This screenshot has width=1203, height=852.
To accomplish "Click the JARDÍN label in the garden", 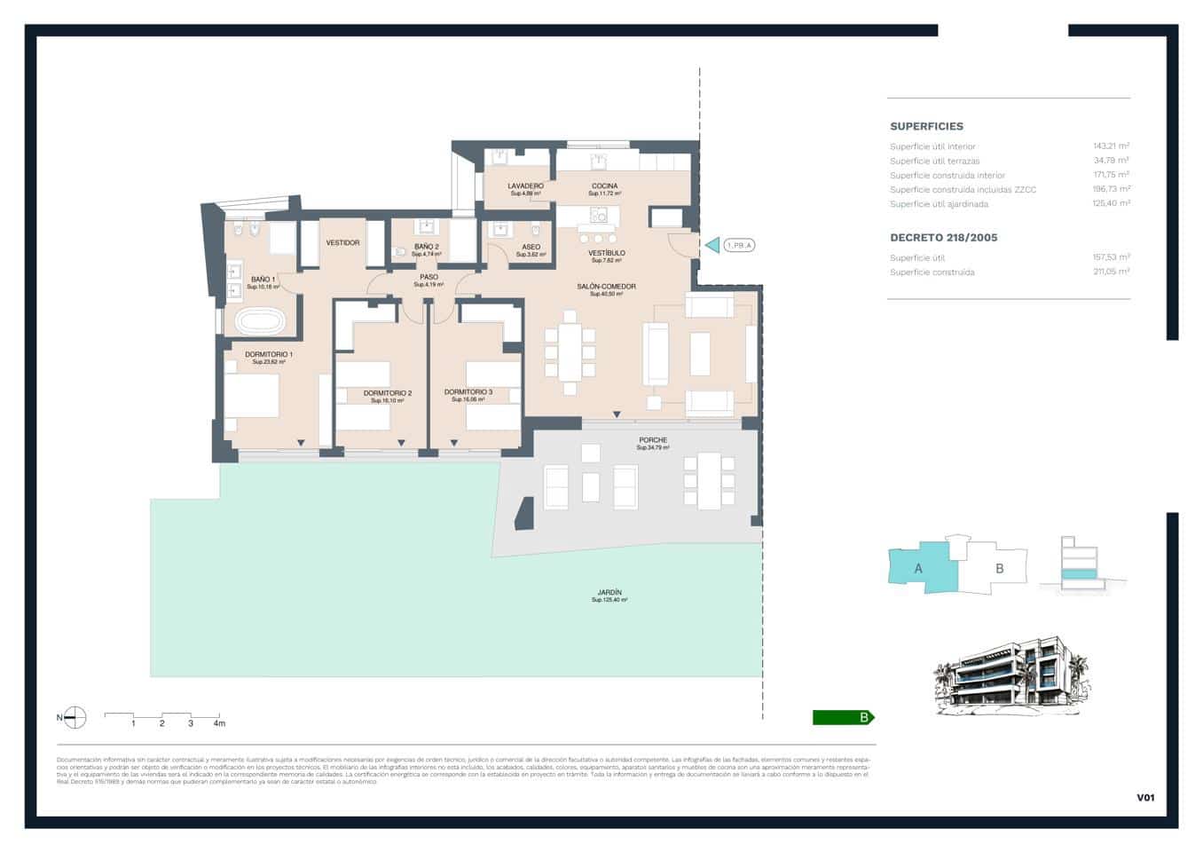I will click(x=609, y=593).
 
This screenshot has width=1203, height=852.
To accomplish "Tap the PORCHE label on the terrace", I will click(x=653, y=440).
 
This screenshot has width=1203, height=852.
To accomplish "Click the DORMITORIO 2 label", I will click(x=387, y=393).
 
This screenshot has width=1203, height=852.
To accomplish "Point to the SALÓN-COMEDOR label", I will click(x=606, y=287).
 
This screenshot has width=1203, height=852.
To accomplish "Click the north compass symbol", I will click(x=75, y=718).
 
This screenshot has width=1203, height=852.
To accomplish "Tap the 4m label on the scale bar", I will click(x=219, y=723).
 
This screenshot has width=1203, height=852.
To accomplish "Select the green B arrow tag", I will click(x=843, y=718).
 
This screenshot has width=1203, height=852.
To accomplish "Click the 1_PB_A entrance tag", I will click(x=738, y=245).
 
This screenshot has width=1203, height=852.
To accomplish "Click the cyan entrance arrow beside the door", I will click(x=712, y=245).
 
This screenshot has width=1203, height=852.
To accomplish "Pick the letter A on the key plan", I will click(x=918, y=568).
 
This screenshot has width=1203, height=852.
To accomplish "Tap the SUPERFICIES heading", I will click(x=926, y=127).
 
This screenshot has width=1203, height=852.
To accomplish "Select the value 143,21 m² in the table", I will click(x=1111, y=146).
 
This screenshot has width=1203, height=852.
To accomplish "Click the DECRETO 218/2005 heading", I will click(x=943, y=238).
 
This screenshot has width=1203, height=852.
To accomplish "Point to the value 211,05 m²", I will click(x=1111, y=272).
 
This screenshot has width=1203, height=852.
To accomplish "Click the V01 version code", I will click(x=1145, y=798).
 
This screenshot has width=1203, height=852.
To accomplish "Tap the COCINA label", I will click(x=604, y=186).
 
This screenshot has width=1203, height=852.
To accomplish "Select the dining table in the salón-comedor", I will click(x=570, y=352).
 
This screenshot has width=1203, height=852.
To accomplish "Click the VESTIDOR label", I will click(x=342, y=242).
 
